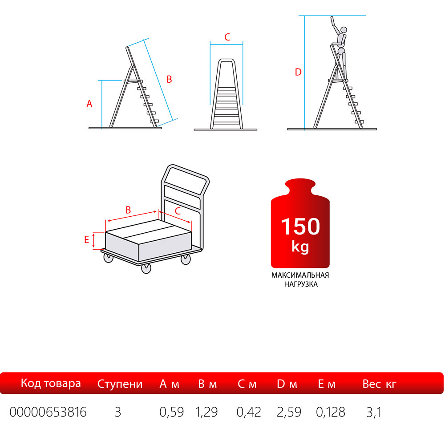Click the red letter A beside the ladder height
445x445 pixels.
[x=89, y=104]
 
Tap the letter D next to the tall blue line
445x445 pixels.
[x=298, y=72]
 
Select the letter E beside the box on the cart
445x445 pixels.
[x=87, y=239]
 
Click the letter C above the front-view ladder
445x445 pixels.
[x=227, y=37]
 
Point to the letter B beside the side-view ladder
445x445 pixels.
[x=169, y=79]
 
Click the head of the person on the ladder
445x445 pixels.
[x=344, y=30]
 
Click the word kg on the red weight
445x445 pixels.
[x=300, y=247]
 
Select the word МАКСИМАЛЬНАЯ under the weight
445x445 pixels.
[x=300, y=275]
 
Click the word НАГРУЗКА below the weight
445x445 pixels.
[x=301, y=284]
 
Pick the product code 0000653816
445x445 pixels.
[x=48, y=412]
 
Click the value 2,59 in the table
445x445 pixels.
[x=289, y=412]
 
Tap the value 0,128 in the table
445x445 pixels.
[x=331, y=412]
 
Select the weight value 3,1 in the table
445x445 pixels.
[x=374, y=412]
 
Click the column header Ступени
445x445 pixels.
[x=120, y=384]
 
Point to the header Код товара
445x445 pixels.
[x=51, y=384]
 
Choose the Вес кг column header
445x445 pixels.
[x=379, y=384]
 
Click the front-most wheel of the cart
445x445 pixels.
[x=146, y=268]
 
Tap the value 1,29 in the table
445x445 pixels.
[x=206, y=412]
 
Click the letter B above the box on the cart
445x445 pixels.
[x=128, y=210]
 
